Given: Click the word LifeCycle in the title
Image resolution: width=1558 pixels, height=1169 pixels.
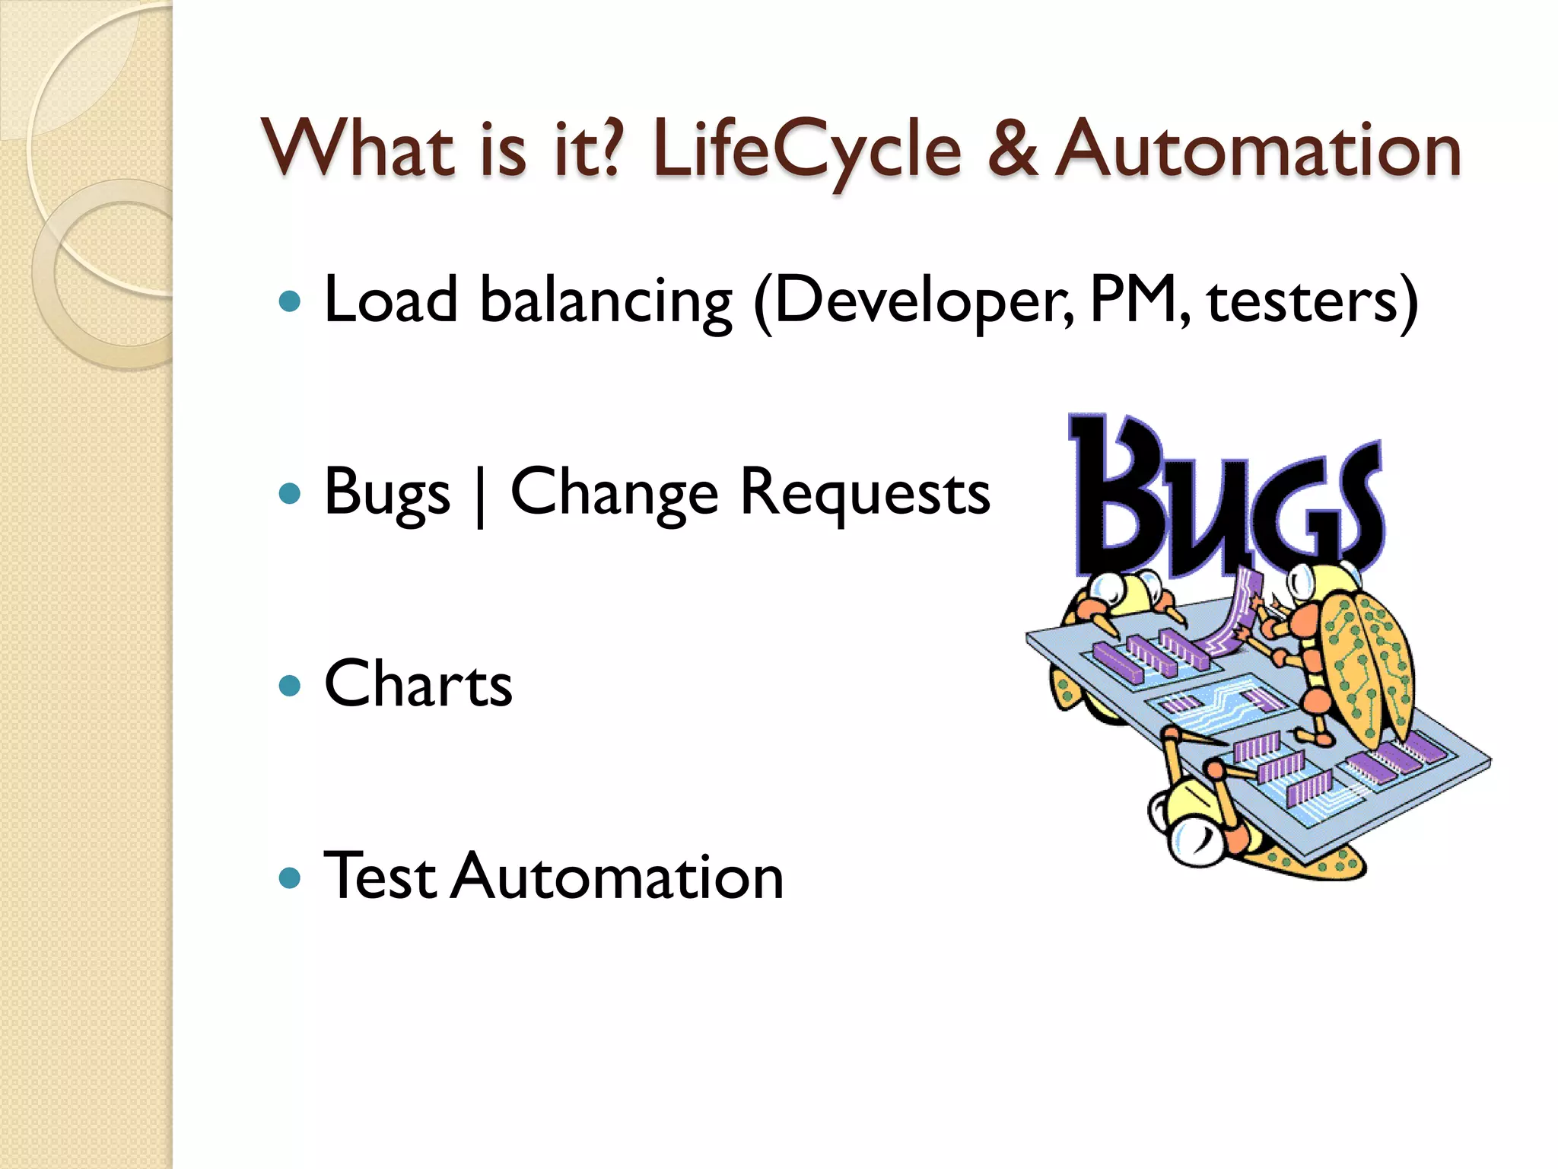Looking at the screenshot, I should click(x=806, y=150).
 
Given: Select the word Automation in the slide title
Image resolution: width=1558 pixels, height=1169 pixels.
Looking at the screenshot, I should click(x=1260, y=150).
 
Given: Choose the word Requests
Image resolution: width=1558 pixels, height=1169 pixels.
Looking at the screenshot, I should click(x=865, y=494).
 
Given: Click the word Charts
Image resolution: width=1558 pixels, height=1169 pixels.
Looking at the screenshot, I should click(x=418, y=684).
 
